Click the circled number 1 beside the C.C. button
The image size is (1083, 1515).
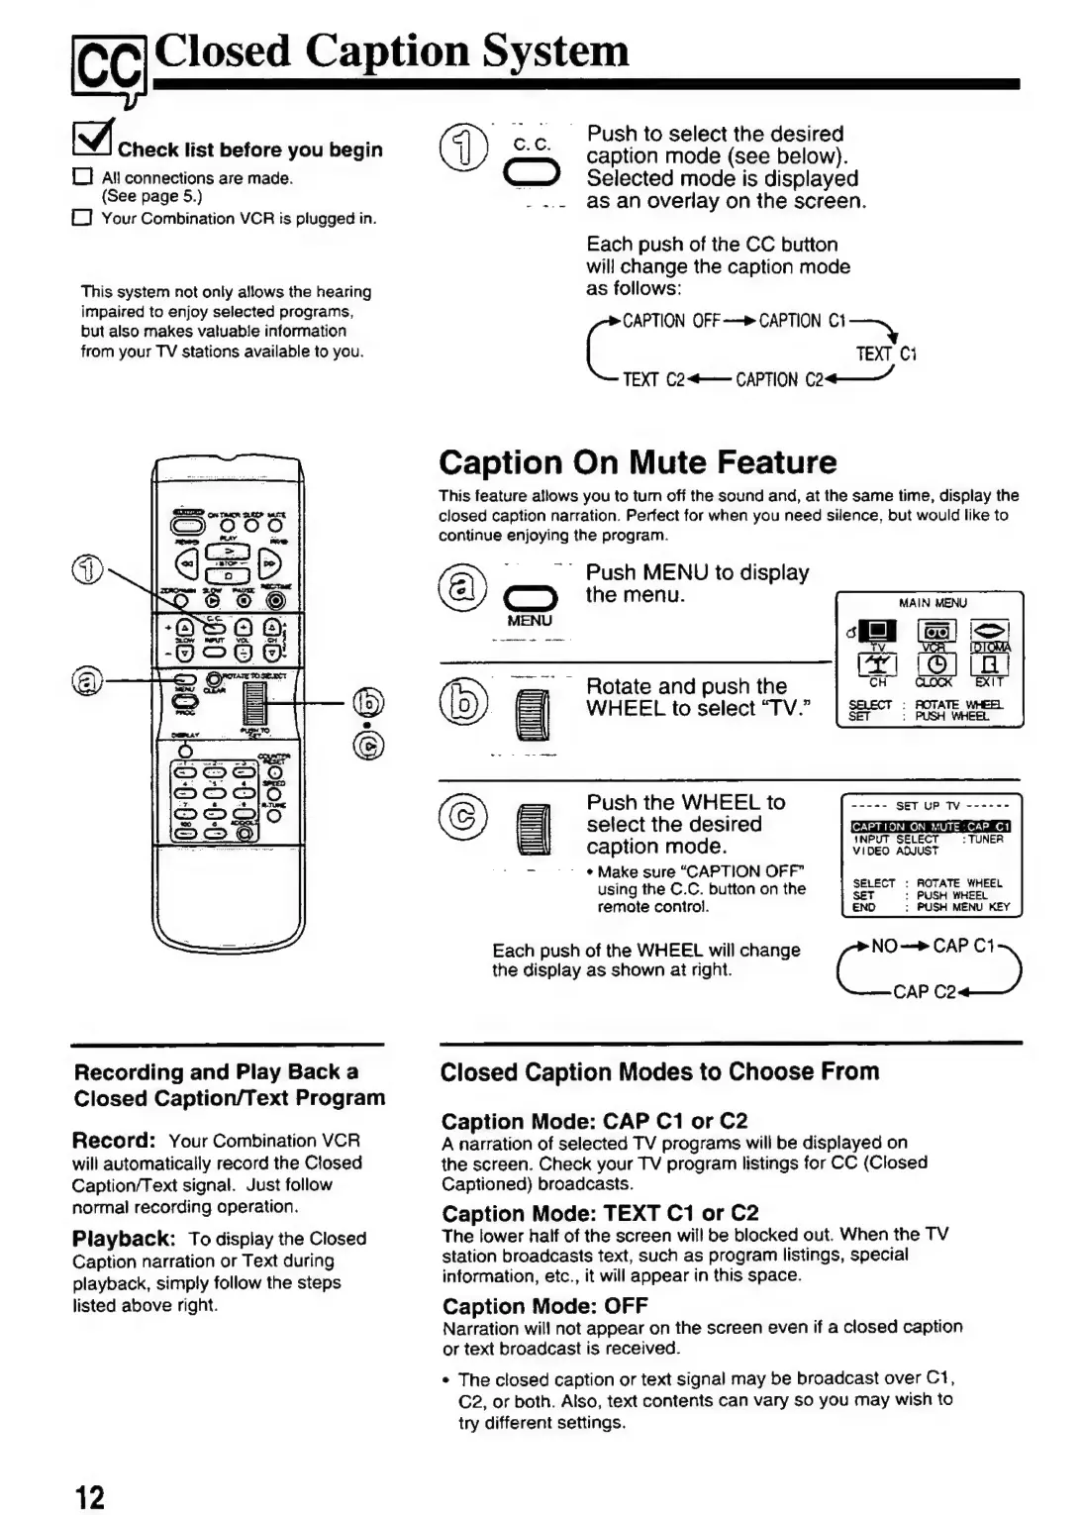point(465,151)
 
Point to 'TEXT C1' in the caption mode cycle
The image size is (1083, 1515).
point(886,353)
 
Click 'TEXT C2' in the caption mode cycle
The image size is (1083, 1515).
point(653,380)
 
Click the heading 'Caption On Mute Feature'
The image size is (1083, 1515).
point(638,462)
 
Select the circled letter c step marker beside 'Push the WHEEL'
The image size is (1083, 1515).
point(463,819)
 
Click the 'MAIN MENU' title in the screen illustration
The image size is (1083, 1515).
point(932,603)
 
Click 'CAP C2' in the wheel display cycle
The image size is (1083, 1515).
point(923,991)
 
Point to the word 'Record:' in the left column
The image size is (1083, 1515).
point(114,1140)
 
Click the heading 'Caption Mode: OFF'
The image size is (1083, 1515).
point(544,1306)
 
